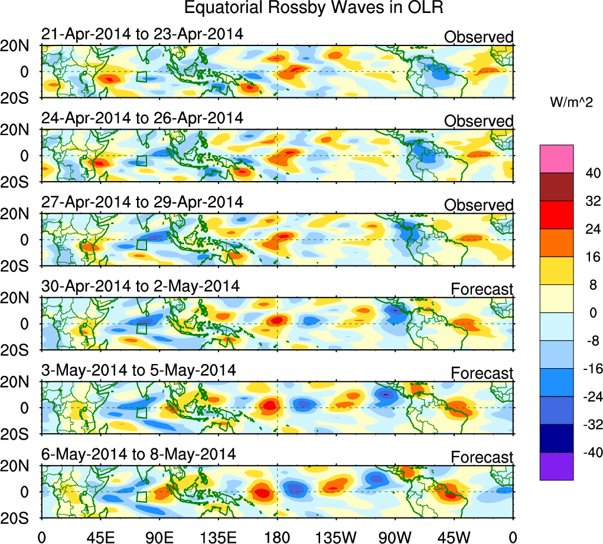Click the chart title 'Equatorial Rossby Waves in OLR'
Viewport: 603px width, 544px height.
click(314, 8)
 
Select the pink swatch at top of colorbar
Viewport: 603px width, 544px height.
click(556, 159)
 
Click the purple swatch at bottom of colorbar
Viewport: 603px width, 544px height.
click(556, 466)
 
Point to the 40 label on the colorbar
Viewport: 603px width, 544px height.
click(589, 173)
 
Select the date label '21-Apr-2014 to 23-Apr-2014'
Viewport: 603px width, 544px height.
click(142, 34)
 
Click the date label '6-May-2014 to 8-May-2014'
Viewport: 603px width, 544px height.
click(139, 454)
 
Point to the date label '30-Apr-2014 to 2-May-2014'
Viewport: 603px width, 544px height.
click(141, 286)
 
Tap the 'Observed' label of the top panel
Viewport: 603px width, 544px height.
click(479, 37)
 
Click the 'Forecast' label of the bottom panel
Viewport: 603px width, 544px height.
click(483, 457)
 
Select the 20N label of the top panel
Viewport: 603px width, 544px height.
click(19, 46)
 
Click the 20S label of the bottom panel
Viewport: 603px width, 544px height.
click(19, 517)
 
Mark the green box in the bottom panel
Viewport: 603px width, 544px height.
click(142, 496)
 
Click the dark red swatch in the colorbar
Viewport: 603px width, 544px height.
click(556, 187)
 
